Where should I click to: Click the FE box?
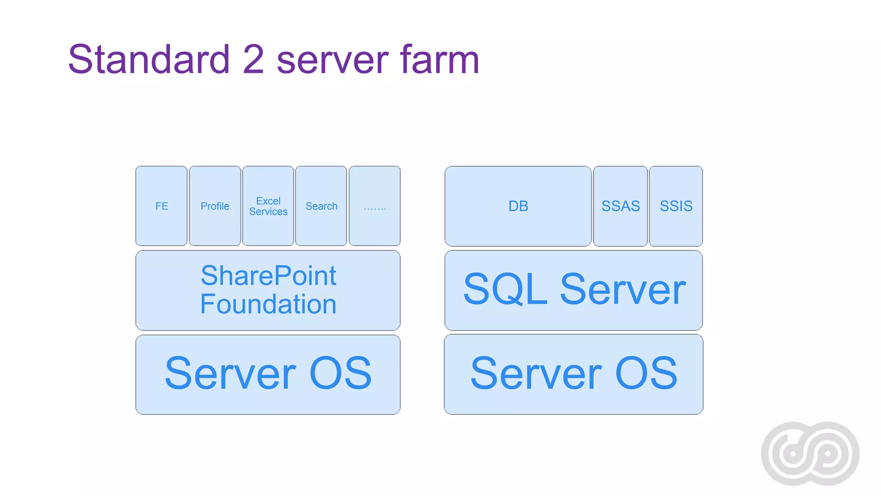click(161, 206)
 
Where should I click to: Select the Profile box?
click(215, 206)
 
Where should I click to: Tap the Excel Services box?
click(268, 206)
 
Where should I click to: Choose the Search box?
click(321, 206)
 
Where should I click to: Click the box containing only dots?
click(375, 206)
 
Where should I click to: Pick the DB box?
click(518, 206)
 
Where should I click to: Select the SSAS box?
click(620, 206)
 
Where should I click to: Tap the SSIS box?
click(676, 206)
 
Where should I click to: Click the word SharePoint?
click(268, 276)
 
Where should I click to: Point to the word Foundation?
click(268, 304)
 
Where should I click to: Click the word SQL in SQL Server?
click(505, 289)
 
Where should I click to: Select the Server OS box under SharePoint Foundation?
click(268, 374)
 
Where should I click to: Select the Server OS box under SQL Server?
click(573, 374)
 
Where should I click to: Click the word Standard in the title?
click(149, 59)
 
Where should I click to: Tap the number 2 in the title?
click(253, 59)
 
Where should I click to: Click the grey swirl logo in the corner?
click(810, 453)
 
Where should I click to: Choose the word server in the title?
click(332, 59)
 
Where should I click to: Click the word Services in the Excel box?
click(268, 211)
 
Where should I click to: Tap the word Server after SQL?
click(622, 289)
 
